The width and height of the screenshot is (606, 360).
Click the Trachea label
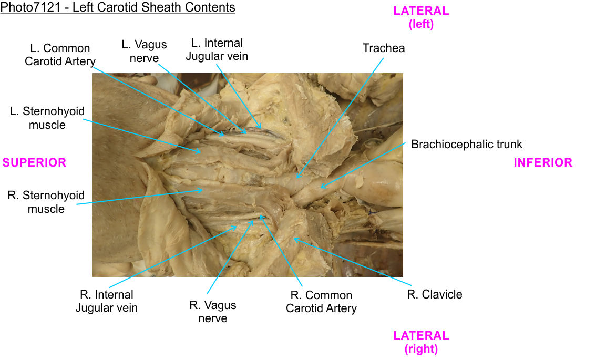pyautogui.click(x=384, y=48)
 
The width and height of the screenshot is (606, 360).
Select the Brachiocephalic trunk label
pyautogui.click(x=467, y=144)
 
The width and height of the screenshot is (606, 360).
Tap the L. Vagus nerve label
pyautogui.click(x=144, y=52)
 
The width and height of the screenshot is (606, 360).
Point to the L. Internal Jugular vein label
pyautogui.click(x=217, y=49)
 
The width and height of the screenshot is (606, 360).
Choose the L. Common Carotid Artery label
pyautogui.click(x=60, y=55)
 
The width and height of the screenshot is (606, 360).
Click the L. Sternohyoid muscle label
pyautogui.click(x=47, y=118)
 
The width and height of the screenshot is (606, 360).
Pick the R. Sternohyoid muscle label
pyautogui.click(x=46, y=202)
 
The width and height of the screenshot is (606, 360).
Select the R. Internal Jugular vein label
pyautogui.click(x=107, y=301)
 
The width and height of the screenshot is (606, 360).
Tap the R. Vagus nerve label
pyautogui.click(x=213, y=312)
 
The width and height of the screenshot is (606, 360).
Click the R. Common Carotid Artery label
pyautogui.click(x=321, y=302)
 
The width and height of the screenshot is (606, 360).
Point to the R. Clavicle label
pyautogui.click(x=435, y=294)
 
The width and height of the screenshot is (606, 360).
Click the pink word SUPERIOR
pyautogui.click(x=35, y=162)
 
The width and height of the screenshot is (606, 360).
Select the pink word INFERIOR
pyautogui.click(x=542, y=162)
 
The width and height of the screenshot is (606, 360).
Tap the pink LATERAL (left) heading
pyautogui.click(x=421, y=17)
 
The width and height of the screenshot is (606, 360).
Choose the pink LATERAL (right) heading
pyautogui.click(x=421, y=342)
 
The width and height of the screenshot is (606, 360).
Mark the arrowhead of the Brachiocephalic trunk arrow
pyautogui.click(x=321, y=187)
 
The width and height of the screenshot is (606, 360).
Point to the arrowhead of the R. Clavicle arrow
pyautogui.click(x=294, y=238)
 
